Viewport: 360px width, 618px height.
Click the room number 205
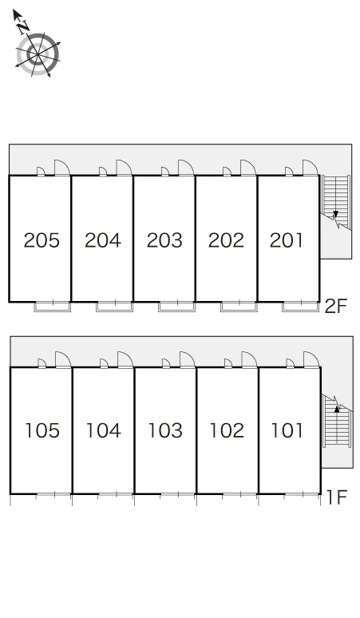click(x=42, y=240)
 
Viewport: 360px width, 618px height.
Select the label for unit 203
click(x=164, y=240)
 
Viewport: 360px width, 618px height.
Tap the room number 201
click(x=287, y=240)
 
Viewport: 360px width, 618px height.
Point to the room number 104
click(x=104, y=430)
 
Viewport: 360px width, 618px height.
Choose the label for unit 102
click(x=227, y=430)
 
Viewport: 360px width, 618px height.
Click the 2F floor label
click(x=335, y=307)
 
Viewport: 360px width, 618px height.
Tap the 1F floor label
click(x=336, y=497)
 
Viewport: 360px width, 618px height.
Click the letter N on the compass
click(x=24, y=26)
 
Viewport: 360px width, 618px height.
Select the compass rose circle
click(x=38, y=54)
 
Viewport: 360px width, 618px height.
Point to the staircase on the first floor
click(x=337, y=421)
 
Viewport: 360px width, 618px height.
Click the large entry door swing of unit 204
click(x=124, y=168)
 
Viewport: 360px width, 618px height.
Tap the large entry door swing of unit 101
click(x=311, y=359)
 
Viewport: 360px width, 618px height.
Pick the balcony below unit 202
click(x=239, y=307)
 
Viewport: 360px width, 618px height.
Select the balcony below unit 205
click(x=53, y=307)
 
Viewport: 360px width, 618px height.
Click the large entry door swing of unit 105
click(x=63, y=359)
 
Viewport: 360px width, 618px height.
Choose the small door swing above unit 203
click(x=165, y=172)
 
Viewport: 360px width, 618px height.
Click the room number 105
click(x=42, y=430)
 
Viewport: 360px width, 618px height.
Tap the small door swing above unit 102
click(x=228, y=363)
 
